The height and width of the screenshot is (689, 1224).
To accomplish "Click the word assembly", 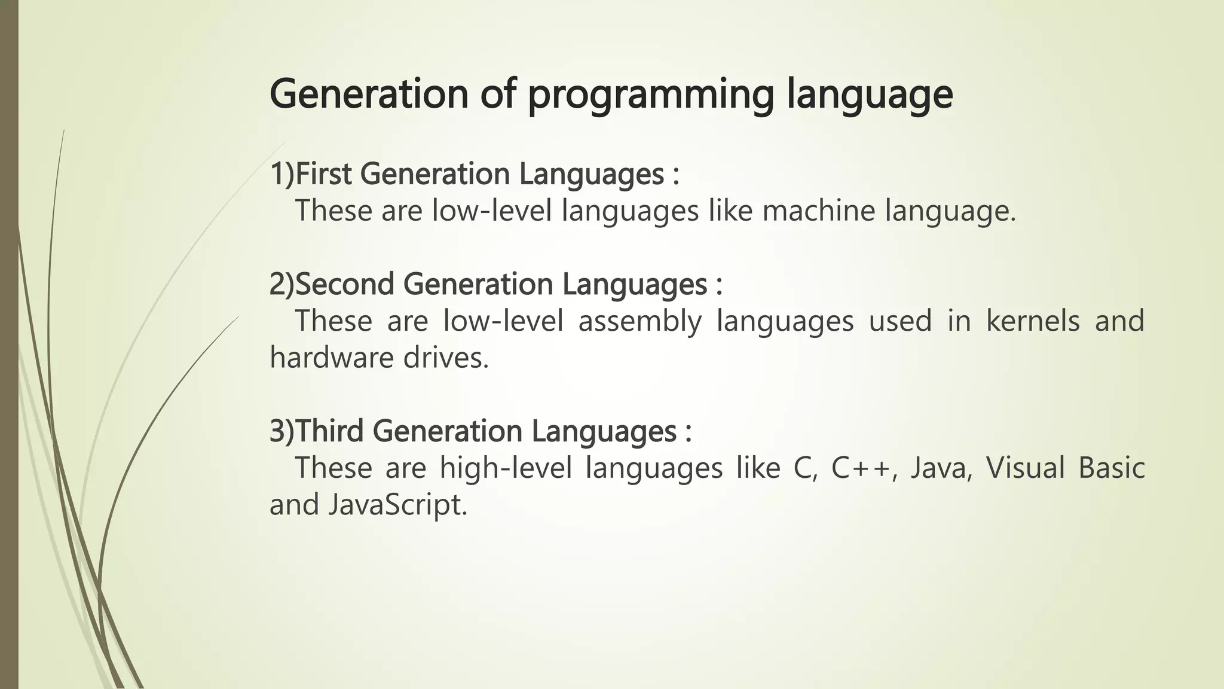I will [639, 321].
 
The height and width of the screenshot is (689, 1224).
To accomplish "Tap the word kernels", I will [1032, 321].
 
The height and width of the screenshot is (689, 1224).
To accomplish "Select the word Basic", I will [1112, 468].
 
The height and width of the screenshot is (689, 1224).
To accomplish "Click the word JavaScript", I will [397, 505].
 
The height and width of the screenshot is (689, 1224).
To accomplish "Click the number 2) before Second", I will [282, 284].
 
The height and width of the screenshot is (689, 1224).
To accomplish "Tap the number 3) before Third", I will [282, 431].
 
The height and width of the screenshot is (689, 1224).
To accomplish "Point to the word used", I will [900, 321].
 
